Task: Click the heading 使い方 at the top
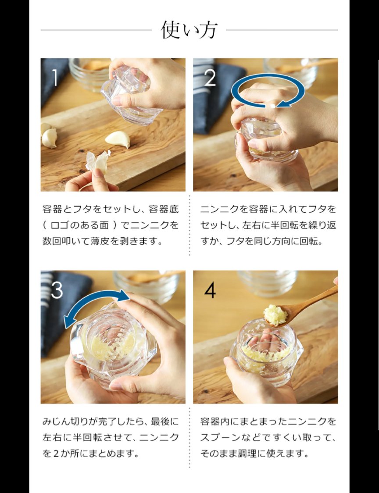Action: coord(189,30)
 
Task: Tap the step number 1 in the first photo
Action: coord(55,78)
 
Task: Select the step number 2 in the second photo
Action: coord(210,78)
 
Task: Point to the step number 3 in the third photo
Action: coord(57,290)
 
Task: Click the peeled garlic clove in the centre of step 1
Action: coord(118,139)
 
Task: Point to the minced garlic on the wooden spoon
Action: coord(275,314)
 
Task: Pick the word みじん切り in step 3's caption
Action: coord(62,422)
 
